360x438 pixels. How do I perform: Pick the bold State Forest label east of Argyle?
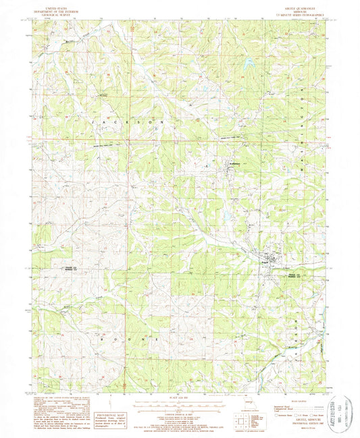coord(293,276)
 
